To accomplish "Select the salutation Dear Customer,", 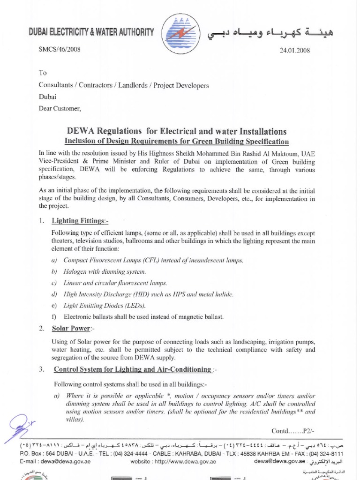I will (x=60, y=109).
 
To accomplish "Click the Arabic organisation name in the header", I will (x=269, y=33).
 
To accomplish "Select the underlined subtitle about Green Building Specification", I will (x=176, y=141).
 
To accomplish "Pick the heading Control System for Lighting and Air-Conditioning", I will (x=133, y=369).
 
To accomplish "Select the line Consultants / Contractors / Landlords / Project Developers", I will (x=124, y=85).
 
